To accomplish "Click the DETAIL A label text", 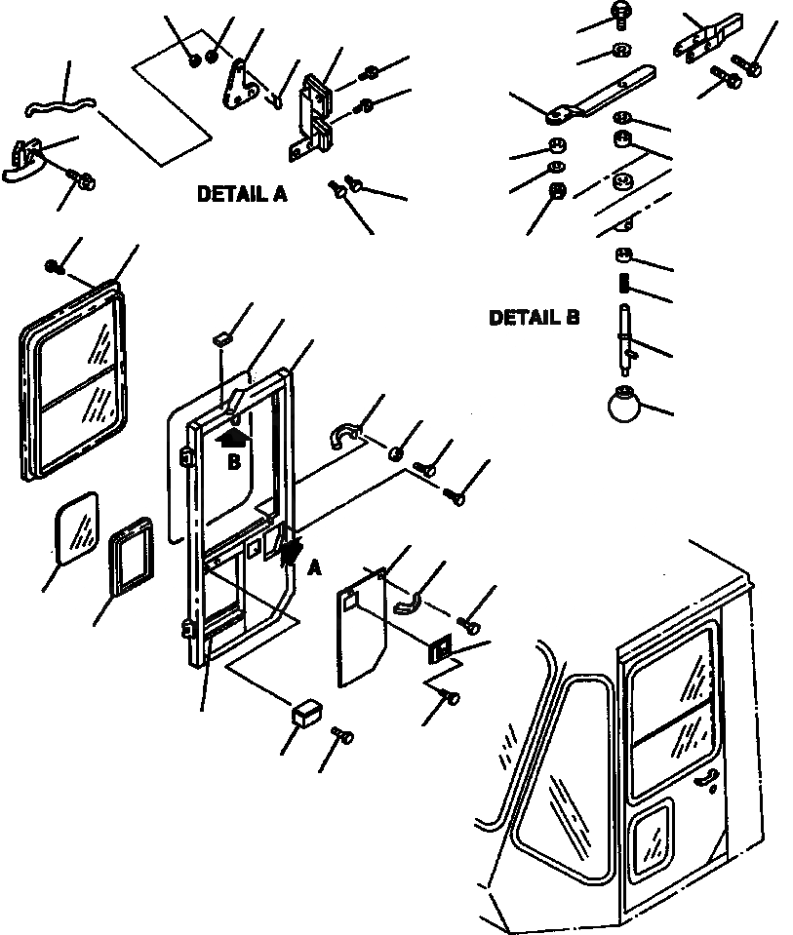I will [x=242, y=194].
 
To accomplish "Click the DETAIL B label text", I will [x=534, y=318].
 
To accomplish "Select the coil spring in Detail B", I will [x=624, y=287].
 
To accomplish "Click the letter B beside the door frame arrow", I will [x=233, y=463].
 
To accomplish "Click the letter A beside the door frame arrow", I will [x=314, y=568].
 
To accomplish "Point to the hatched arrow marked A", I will [x=290, y=548].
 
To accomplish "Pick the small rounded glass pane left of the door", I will [x=76, y=527].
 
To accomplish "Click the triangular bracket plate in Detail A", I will [x=240, y=89].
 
